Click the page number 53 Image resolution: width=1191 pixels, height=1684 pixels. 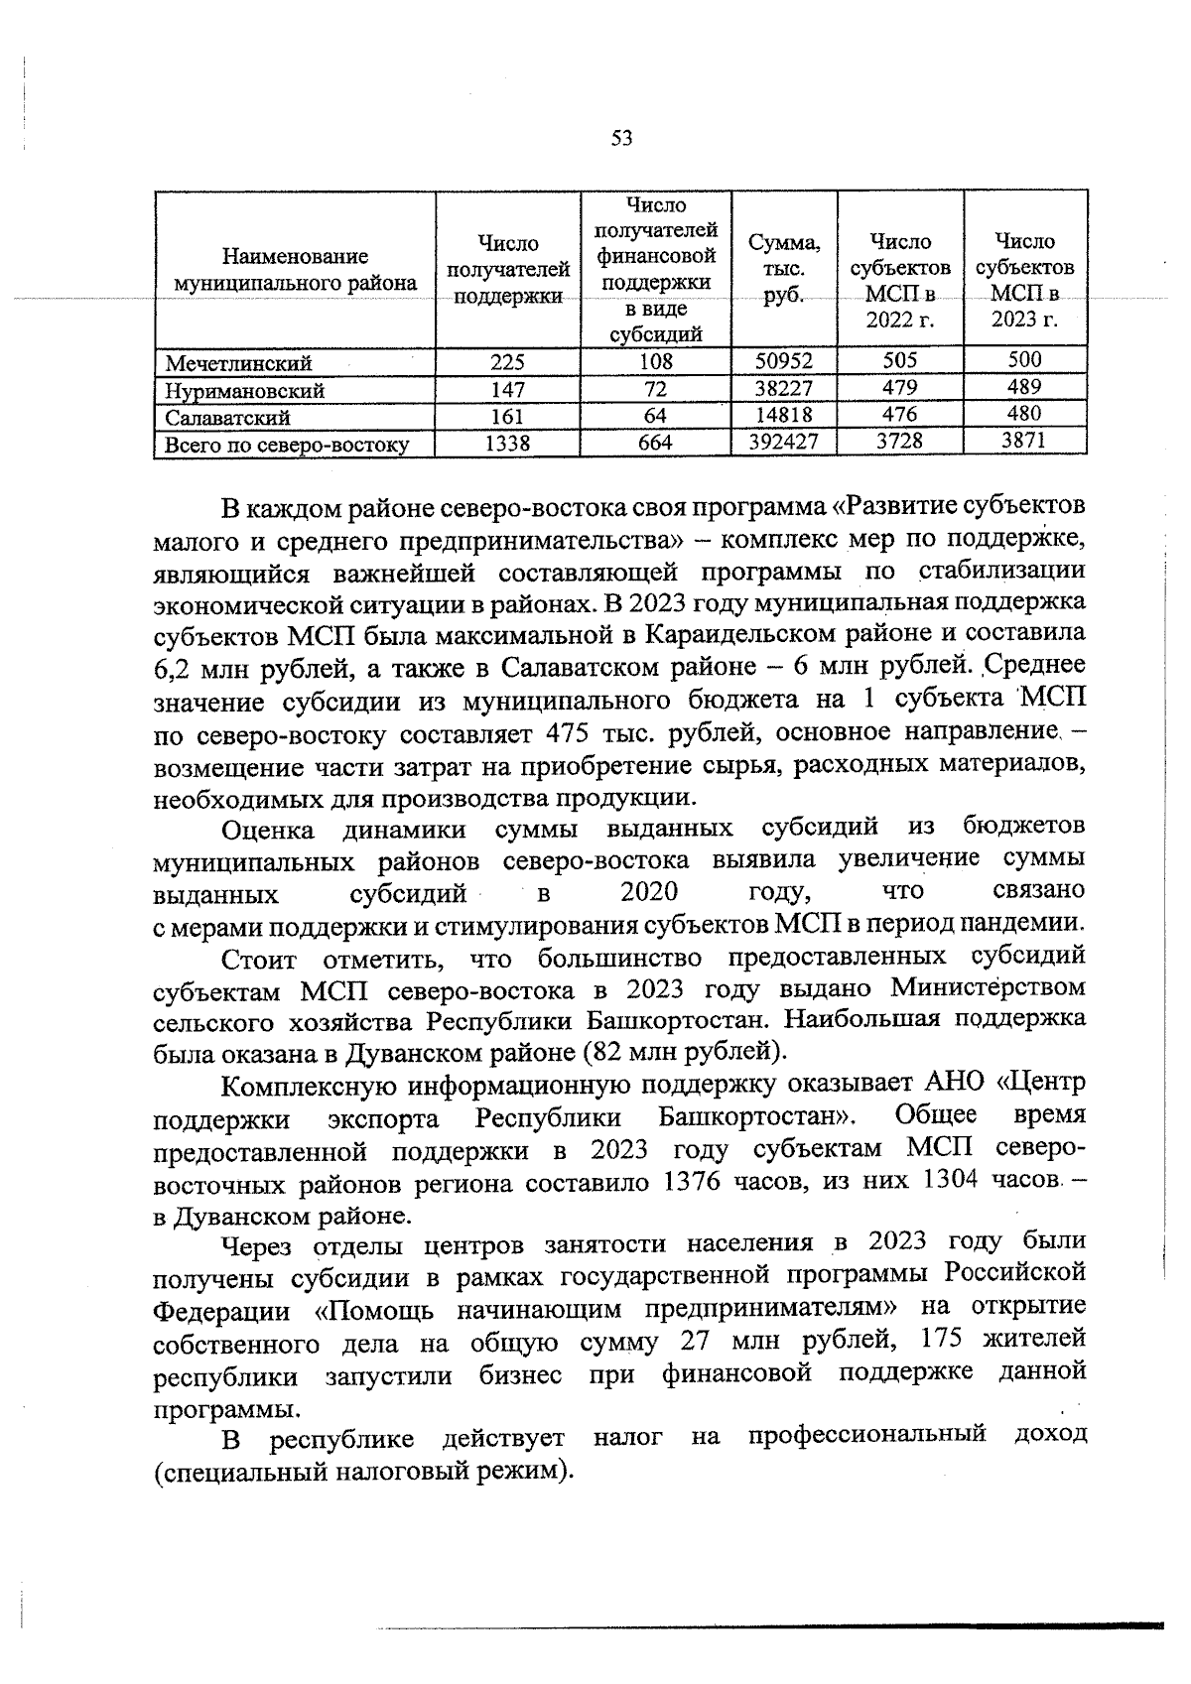click(x=621, y=139)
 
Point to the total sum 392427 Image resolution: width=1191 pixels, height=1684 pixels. click(x=783, y=442)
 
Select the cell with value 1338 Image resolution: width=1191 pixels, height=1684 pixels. click(x=507, y=444)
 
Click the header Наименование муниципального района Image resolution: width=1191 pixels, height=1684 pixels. click(x=295, y=270)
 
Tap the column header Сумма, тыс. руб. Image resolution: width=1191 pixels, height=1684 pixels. click(x=783, y=270)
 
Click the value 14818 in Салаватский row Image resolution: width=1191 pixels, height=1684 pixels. click(x=783, y=415)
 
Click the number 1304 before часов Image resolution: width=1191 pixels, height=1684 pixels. click(x=954, y=1181)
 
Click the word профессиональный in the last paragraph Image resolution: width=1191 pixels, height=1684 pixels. click(x=866, y=1434)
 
